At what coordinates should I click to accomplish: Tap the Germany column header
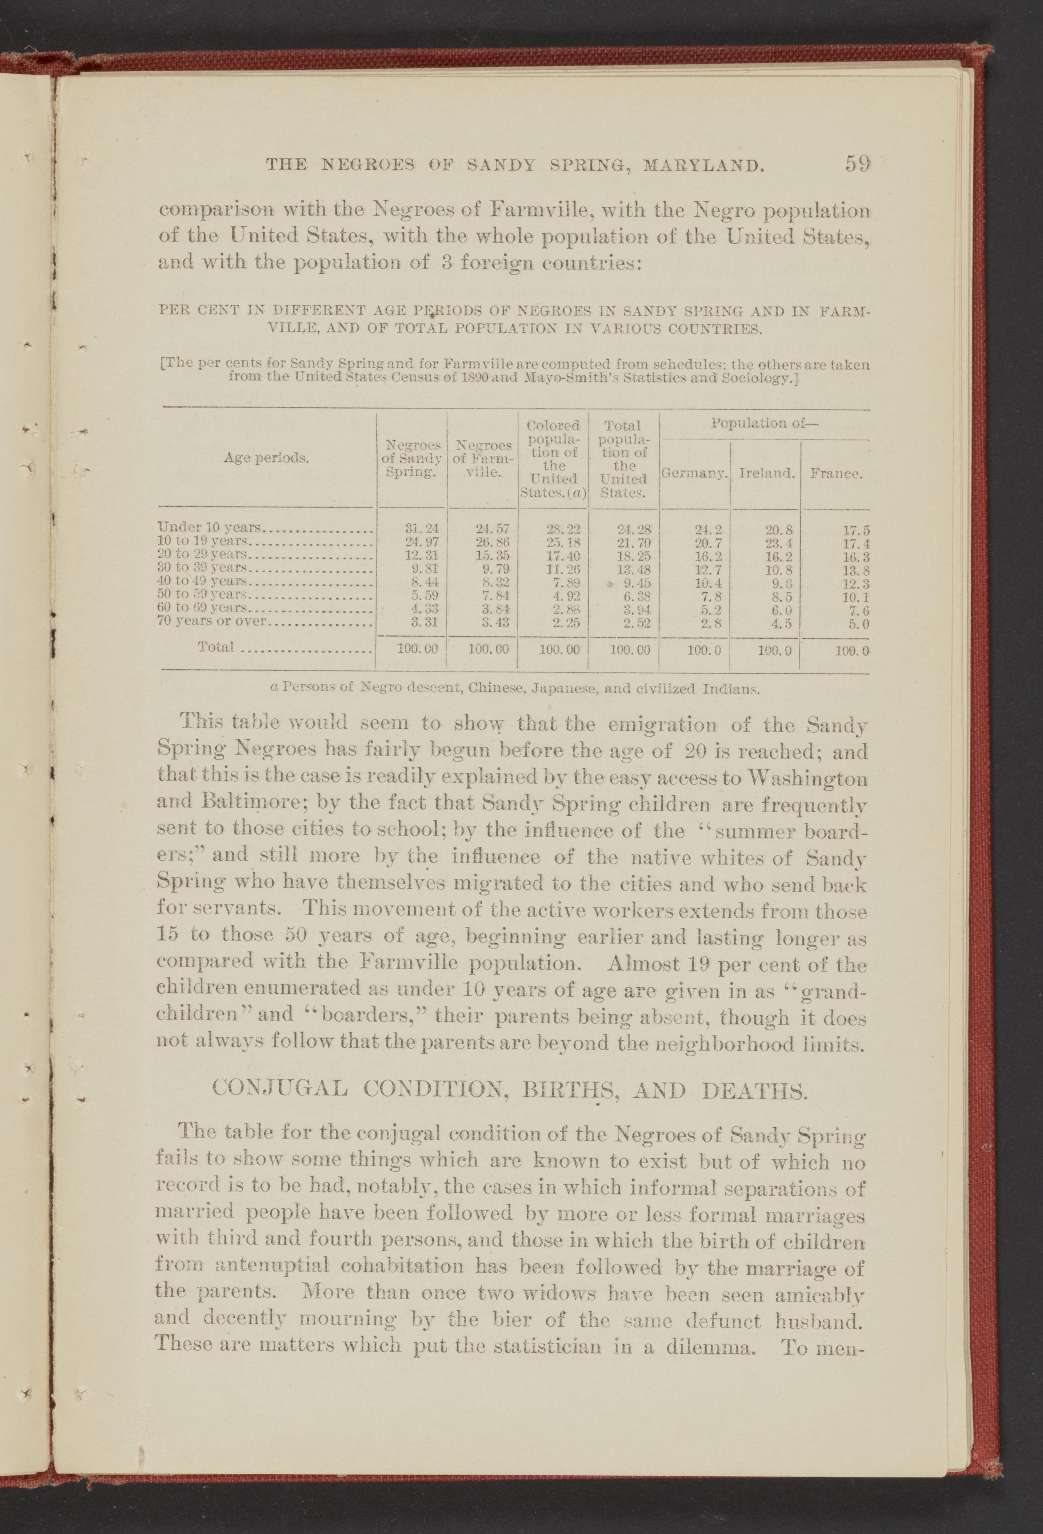[x=695, y=473]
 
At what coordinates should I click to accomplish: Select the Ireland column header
[x=766, y=473]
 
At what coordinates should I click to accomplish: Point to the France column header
[x=835, y=473]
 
